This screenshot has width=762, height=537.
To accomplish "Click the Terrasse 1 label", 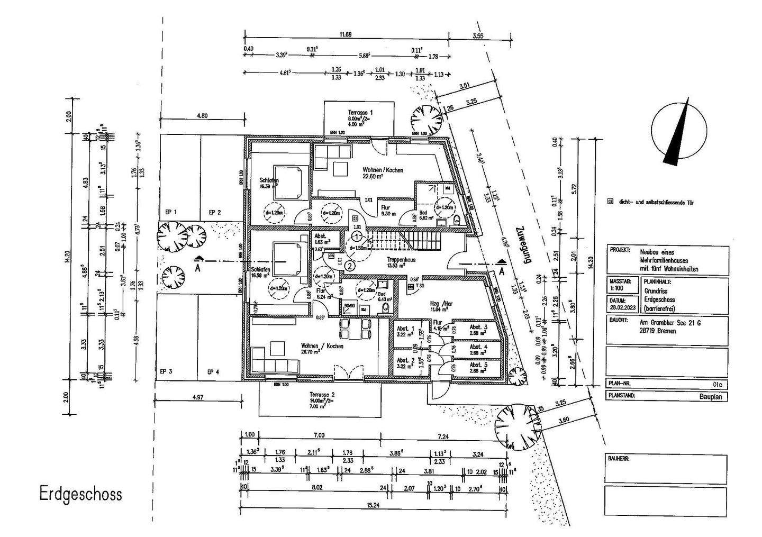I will [360, 113].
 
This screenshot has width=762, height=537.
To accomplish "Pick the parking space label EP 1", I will [171, 212].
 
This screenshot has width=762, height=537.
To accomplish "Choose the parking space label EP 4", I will [213, 372].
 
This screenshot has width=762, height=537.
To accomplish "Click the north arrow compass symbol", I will [679, 132].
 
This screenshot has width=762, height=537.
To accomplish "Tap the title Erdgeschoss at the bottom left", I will [80, 494].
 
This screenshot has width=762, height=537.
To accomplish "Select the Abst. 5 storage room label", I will [477, 365].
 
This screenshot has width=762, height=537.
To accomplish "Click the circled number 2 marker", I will [349, 266].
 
